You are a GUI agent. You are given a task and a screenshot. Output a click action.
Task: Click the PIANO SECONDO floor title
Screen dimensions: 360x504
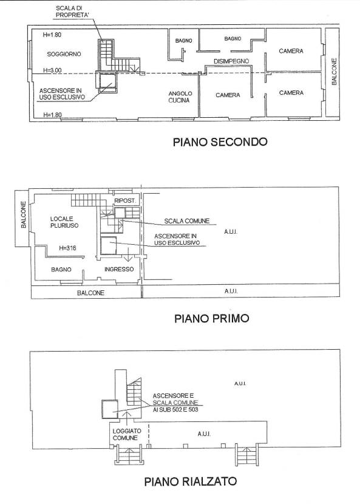(220, 141)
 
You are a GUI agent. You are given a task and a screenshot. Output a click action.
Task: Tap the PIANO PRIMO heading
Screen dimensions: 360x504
(212, 319)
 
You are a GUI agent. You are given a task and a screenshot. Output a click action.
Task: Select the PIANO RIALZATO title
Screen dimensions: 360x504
(191, 482)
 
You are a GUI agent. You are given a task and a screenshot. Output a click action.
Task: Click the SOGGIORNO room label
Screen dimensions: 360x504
(64, 54)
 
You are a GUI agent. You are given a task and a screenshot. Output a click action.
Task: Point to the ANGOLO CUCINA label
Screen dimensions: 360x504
(180, 97)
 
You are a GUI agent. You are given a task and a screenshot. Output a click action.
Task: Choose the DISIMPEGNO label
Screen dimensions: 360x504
(231, 61)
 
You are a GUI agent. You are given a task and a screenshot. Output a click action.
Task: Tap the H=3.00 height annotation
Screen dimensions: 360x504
(52, 70)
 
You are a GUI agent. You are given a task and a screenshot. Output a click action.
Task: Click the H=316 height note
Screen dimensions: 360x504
(67, 248)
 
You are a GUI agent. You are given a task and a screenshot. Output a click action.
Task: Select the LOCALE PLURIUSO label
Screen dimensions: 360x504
(64, 222)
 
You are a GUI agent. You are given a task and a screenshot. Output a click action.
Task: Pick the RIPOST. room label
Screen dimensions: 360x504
(125, 200)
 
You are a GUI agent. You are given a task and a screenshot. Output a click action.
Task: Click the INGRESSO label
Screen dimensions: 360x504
(119, 270)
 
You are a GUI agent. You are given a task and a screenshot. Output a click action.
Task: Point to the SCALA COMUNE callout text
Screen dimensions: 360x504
(187, 221)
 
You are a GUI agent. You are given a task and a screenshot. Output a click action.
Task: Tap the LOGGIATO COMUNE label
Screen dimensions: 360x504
(125, 435)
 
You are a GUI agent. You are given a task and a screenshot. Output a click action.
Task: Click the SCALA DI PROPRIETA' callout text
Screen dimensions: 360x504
(68, 12)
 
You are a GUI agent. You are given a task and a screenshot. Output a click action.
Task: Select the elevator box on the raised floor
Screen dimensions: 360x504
(110, 409)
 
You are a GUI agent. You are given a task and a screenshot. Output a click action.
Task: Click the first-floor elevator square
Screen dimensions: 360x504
(108, 245)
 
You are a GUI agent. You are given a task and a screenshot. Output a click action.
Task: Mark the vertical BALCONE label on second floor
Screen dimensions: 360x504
(334, 72)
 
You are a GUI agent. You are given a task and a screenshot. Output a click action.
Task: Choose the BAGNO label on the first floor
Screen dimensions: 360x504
(61, 270)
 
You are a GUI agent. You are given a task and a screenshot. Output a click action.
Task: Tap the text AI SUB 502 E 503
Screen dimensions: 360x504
(175, 409)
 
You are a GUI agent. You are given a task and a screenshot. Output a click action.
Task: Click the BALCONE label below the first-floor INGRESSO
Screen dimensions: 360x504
(90, 293)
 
